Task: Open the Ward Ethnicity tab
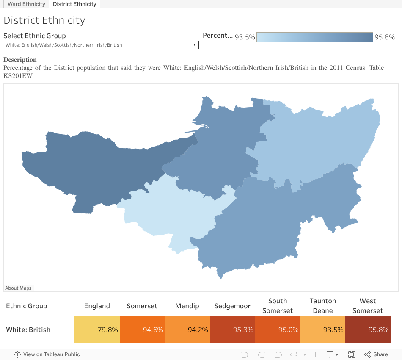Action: [26, 4]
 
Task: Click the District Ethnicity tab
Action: [74, 4]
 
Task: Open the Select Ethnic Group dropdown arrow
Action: [195, 45]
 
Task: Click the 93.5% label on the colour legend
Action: [245, 37]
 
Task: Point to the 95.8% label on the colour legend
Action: [384, 37]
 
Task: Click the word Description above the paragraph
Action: [20, 60]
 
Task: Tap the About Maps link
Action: [18, 288]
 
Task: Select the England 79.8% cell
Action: [97, 330]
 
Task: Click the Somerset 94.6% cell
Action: [142, 330]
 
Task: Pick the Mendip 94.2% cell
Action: [187, 330]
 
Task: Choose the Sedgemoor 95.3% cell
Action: [232, 330]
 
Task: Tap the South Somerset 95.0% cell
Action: [278, 330]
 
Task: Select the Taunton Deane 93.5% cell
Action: [322, 330]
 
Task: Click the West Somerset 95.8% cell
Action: [368, 330]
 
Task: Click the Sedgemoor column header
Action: [232, 306]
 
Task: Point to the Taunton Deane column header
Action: [322, 306]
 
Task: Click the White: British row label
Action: [28, 330]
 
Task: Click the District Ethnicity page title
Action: [44, 20]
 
